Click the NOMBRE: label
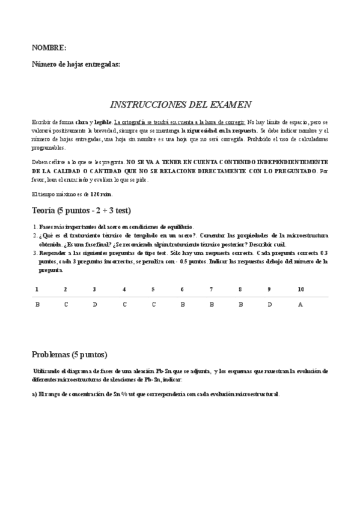coord(49,48)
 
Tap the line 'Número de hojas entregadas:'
coord(76,64)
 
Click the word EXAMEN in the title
coord(230,104)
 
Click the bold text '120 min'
coord(100,194)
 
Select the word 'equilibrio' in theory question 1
coord(178,227)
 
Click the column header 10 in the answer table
coord(301,289)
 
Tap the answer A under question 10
coord(301,304)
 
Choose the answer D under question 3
coord(95,304)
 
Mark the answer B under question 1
coord(37,304)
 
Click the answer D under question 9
coord(270,304)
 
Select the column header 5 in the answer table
coord(153,289)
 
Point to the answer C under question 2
coord(66,304)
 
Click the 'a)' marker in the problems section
coord(34,394)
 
